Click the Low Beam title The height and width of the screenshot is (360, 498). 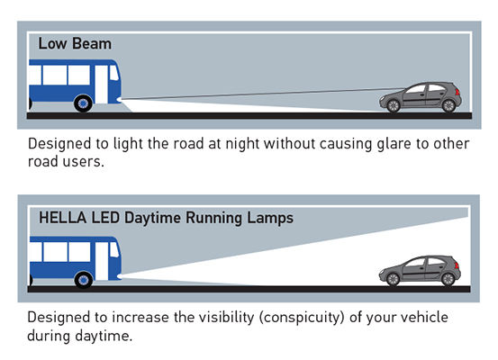(75, 43)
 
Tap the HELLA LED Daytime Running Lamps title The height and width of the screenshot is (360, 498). (166, 218)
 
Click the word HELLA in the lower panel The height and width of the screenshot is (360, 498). (62, 218)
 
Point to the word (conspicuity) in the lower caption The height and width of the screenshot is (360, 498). (302, 318)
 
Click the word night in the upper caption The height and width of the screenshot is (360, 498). (242, 144)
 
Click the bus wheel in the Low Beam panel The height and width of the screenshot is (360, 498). (83, 103)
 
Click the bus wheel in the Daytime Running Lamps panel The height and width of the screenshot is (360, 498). (84, 279)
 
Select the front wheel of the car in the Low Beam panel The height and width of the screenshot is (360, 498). (394, 105)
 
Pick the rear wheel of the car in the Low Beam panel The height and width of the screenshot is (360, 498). (448, 105)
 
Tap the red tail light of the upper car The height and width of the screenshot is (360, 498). (457, 92)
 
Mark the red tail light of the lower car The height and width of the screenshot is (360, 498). (457, 265)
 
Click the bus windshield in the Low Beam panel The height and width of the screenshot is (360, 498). (114, 73)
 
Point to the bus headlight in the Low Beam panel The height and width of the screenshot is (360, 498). (119, 100)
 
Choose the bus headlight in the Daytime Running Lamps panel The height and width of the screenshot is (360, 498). (120, 276)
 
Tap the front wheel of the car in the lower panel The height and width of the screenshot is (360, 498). (393, 279)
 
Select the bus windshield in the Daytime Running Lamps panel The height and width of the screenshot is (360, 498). (114, 249)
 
